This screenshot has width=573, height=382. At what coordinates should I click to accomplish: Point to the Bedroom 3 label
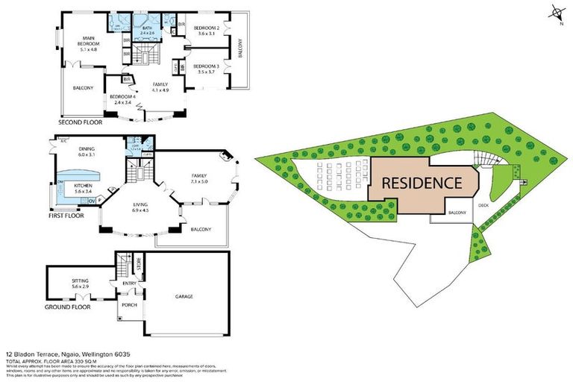pos(205,69)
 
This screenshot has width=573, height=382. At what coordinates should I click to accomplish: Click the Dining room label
pos(77,152)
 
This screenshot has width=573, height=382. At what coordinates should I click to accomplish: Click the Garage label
pos(184,297)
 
